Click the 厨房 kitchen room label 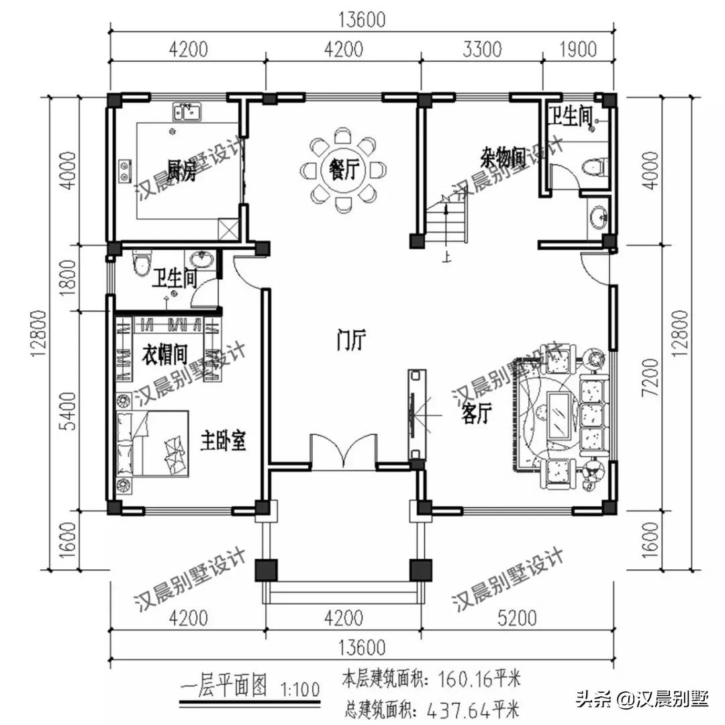(x=177, y=164)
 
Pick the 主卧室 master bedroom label (x=222, y=441)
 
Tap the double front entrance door (x=344, y=452)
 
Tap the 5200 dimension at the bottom (x=517, y=618)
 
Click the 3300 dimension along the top (x=482, y=49)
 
